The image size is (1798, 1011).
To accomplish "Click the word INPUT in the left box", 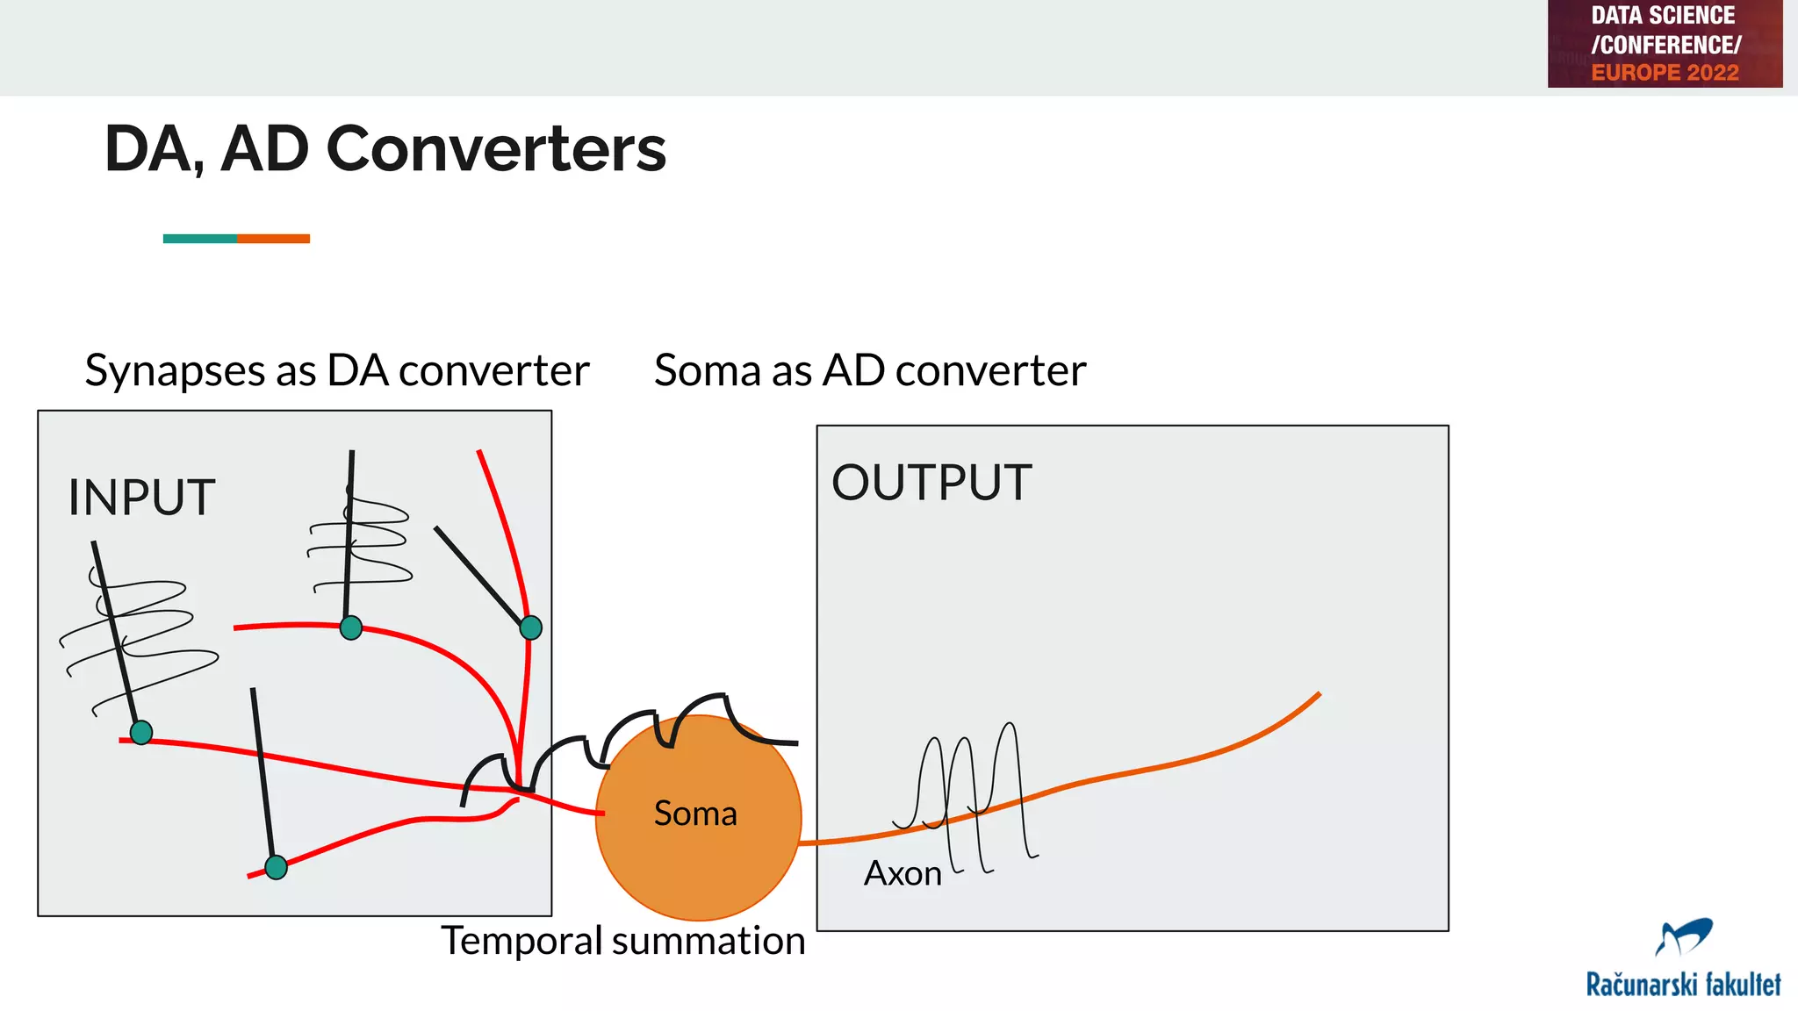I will pos(141,498).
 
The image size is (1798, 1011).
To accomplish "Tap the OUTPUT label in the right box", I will pos(931,483).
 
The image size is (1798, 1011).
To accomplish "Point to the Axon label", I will pos(903,874).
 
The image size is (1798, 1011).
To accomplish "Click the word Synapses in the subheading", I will pos(175,370).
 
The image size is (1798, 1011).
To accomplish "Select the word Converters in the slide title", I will pos(496,148).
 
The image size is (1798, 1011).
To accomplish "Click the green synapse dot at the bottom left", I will pos(141,732).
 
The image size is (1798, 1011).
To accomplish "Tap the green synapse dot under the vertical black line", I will pos(351,627).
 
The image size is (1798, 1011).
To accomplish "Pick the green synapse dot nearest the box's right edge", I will pos(531,627).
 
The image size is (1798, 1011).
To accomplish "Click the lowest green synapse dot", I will pos(276,867).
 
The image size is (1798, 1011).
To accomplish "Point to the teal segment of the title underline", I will pos(199,239).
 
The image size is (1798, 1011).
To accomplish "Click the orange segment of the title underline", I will pos(273,239).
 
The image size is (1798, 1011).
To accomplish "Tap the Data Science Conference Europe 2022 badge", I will pos(1665,44).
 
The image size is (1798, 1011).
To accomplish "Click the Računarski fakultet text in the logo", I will pos(1683,985).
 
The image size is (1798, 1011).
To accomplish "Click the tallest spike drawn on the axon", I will pos(1012,746).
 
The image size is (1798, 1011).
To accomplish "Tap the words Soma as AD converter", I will pos(870,370).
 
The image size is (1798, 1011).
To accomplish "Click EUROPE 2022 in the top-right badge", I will pos(1665,73).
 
